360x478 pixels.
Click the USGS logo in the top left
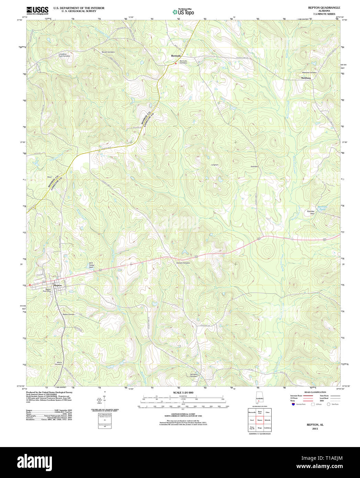point(37,10)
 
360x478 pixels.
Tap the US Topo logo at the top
point(183,12)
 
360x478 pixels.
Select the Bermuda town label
point(176,56)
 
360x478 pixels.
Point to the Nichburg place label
point(306,78)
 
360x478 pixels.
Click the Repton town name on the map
point(58,285)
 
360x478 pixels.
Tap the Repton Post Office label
point(47,290)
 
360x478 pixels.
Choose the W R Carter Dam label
point(91,265)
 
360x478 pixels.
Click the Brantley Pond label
point(322,208)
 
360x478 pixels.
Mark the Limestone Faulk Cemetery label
point(64,55)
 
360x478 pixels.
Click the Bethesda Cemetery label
point(309,73)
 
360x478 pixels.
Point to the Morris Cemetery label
point(58,363)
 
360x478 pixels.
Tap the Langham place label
point(215,165)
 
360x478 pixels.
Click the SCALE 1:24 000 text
point(183,393)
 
